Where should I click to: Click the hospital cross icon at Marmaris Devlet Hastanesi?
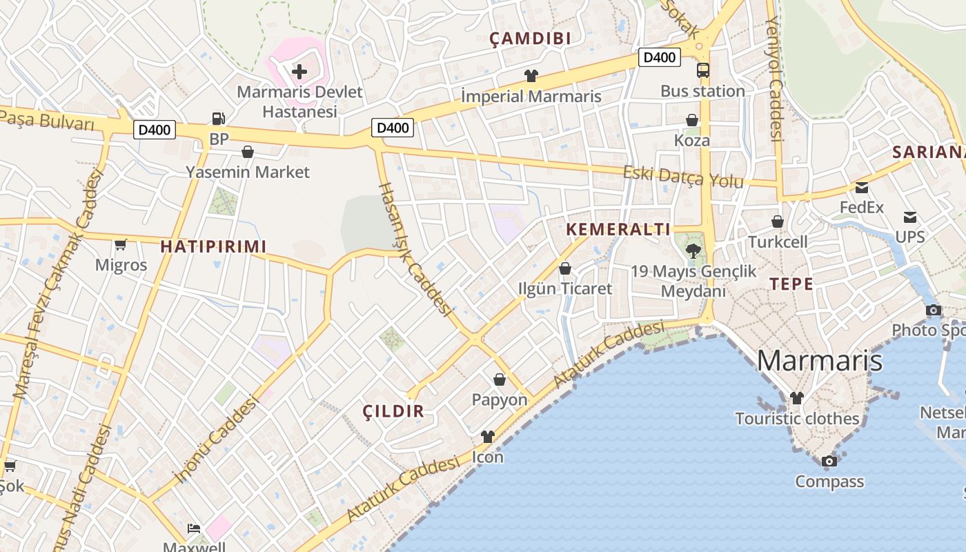(x=299, y=71)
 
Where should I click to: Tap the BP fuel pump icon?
(x=219, y=119)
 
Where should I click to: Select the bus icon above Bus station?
(x=702, y=70)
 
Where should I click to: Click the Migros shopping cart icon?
(x=121, y=244)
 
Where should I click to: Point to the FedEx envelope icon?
(x=862, y=188)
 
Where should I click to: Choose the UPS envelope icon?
(x=910, y=217)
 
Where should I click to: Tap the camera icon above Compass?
(x=829, y=461)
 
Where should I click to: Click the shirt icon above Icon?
(x=488, y=436)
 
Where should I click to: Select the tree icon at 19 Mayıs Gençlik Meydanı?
(x=693, y=251)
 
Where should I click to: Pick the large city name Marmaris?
(x=819, y=360)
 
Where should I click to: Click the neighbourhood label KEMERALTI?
(x=618, y=230)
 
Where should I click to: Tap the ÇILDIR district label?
(x=393, y=411)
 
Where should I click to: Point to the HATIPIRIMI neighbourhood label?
(x=213, y=246)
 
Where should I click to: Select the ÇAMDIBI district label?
(x=531, y=39)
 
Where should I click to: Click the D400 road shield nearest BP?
(x=155, y=130)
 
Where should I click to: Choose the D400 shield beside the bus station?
(x=659, y=57)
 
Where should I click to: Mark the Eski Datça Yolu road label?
(x=683, y=177)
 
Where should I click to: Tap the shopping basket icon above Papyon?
(x=500, y=379)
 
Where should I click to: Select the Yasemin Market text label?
(x=248, y=172)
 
